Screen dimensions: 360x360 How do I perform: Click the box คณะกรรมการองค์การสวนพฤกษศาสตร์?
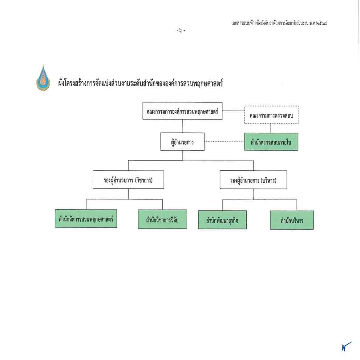pos(182,111)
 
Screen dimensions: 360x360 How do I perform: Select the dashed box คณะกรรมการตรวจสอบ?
pos(271,115)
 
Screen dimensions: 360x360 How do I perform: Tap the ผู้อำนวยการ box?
pos(182,142)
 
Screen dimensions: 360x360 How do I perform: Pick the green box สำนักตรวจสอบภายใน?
pos(271,142)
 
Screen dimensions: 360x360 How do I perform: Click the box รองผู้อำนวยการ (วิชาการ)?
pos(128,180)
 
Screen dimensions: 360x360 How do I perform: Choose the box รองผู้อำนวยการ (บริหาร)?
pos(253,180)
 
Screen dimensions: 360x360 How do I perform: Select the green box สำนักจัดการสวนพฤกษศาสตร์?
pos(86,219)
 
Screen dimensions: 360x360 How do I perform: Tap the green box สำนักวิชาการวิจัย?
pos(162,220)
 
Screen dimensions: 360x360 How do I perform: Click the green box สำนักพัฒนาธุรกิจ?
pos(222,220)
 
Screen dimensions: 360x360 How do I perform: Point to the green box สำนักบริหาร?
pos(292,220)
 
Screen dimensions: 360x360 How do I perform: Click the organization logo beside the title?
pos(43,78)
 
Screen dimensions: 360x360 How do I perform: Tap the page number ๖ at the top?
pos(181,30)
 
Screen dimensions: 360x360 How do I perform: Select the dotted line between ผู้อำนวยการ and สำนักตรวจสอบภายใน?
pos(224,142)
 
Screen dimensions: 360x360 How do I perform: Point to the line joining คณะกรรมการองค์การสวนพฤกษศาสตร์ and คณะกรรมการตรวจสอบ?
pos(233,111)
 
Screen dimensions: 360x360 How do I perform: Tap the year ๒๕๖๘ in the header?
pos(320,23)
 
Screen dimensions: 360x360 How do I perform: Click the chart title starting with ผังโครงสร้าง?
pos(140,83)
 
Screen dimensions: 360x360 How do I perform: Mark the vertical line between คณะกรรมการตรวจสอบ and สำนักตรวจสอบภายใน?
pos(271,128)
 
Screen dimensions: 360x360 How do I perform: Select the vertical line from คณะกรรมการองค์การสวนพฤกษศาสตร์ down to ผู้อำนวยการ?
pos(183,126)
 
